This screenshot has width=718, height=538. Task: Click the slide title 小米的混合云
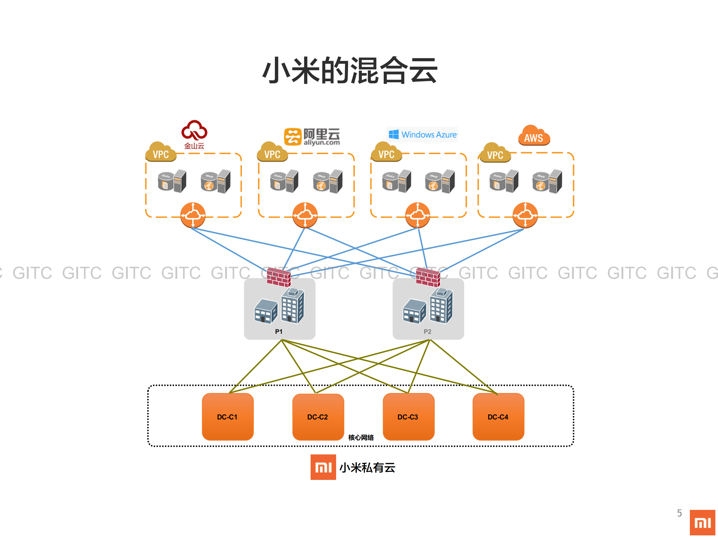point(350,70)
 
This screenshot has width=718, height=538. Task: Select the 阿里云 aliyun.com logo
point(312,136)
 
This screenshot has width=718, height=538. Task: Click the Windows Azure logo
point(422,135)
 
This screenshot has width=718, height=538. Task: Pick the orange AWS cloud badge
point(534,136)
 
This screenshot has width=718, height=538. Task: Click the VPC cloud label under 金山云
point(161,153)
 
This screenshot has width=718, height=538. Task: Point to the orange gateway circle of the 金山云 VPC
point(193,215)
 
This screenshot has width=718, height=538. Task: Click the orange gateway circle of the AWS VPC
point(525,215)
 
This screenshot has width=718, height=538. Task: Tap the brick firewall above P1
point(279,278)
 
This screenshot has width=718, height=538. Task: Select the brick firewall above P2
point(428,278)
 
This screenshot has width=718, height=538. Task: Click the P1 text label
point(279,331)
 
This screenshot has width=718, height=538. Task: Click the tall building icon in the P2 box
point(441,306)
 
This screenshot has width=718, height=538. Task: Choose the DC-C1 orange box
point(227,417)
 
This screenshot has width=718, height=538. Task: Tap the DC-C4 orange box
point(498,417)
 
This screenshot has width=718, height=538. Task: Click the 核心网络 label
point(361,437)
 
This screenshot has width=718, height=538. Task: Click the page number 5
point(679,513)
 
